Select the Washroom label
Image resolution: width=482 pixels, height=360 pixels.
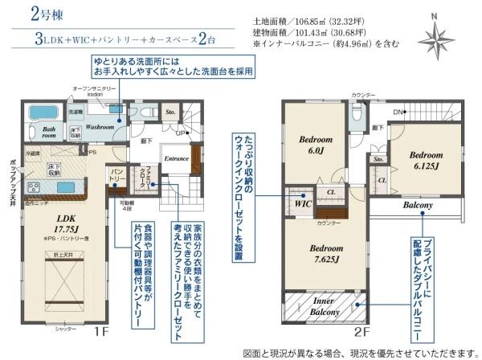100,126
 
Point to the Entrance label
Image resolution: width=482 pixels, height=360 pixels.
175,159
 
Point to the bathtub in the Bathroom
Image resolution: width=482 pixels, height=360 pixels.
38,113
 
